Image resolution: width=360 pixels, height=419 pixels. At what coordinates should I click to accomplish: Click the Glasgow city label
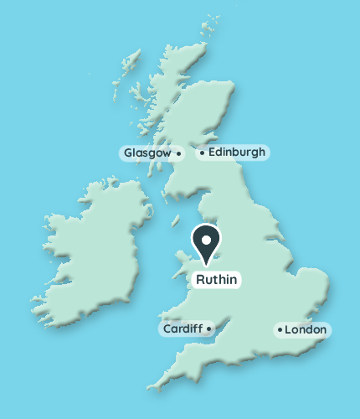pos(147,153)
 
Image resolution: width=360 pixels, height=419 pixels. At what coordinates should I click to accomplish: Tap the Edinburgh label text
pos(236,153)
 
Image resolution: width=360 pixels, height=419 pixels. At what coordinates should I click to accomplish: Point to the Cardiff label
pos(183,328)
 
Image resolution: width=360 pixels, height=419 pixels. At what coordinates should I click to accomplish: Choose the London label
pos(305,330)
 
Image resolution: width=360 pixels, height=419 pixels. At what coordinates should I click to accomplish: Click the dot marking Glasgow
pos(178,153)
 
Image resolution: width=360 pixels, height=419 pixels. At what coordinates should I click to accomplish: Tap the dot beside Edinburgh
pos(202,153)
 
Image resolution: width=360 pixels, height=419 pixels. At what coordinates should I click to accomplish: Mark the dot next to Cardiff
pos(208,328)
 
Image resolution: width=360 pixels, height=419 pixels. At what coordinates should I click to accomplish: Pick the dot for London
pos(279,330)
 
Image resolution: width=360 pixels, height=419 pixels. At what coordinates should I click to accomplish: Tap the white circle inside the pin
pos(206,240)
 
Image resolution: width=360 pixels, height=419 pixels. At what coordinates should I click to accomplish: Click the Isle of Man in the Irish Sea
pos(176,221)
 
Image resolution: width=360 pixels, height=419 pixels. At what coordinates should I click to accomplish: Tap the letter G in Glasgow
pos(128,153)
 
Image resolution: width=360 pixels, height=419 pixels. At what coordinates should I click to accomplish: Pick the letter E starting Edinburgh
pos(210,153)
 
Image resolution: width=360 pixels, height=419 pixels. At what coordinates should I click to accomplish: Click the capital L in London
pos(288,330)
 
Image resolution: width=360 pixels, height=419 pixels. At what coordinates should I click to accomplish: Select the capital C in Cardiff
pos(167,328)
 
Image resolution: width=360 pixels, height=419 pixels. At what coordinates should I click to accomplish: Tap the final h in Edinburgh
pos(263,153)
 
